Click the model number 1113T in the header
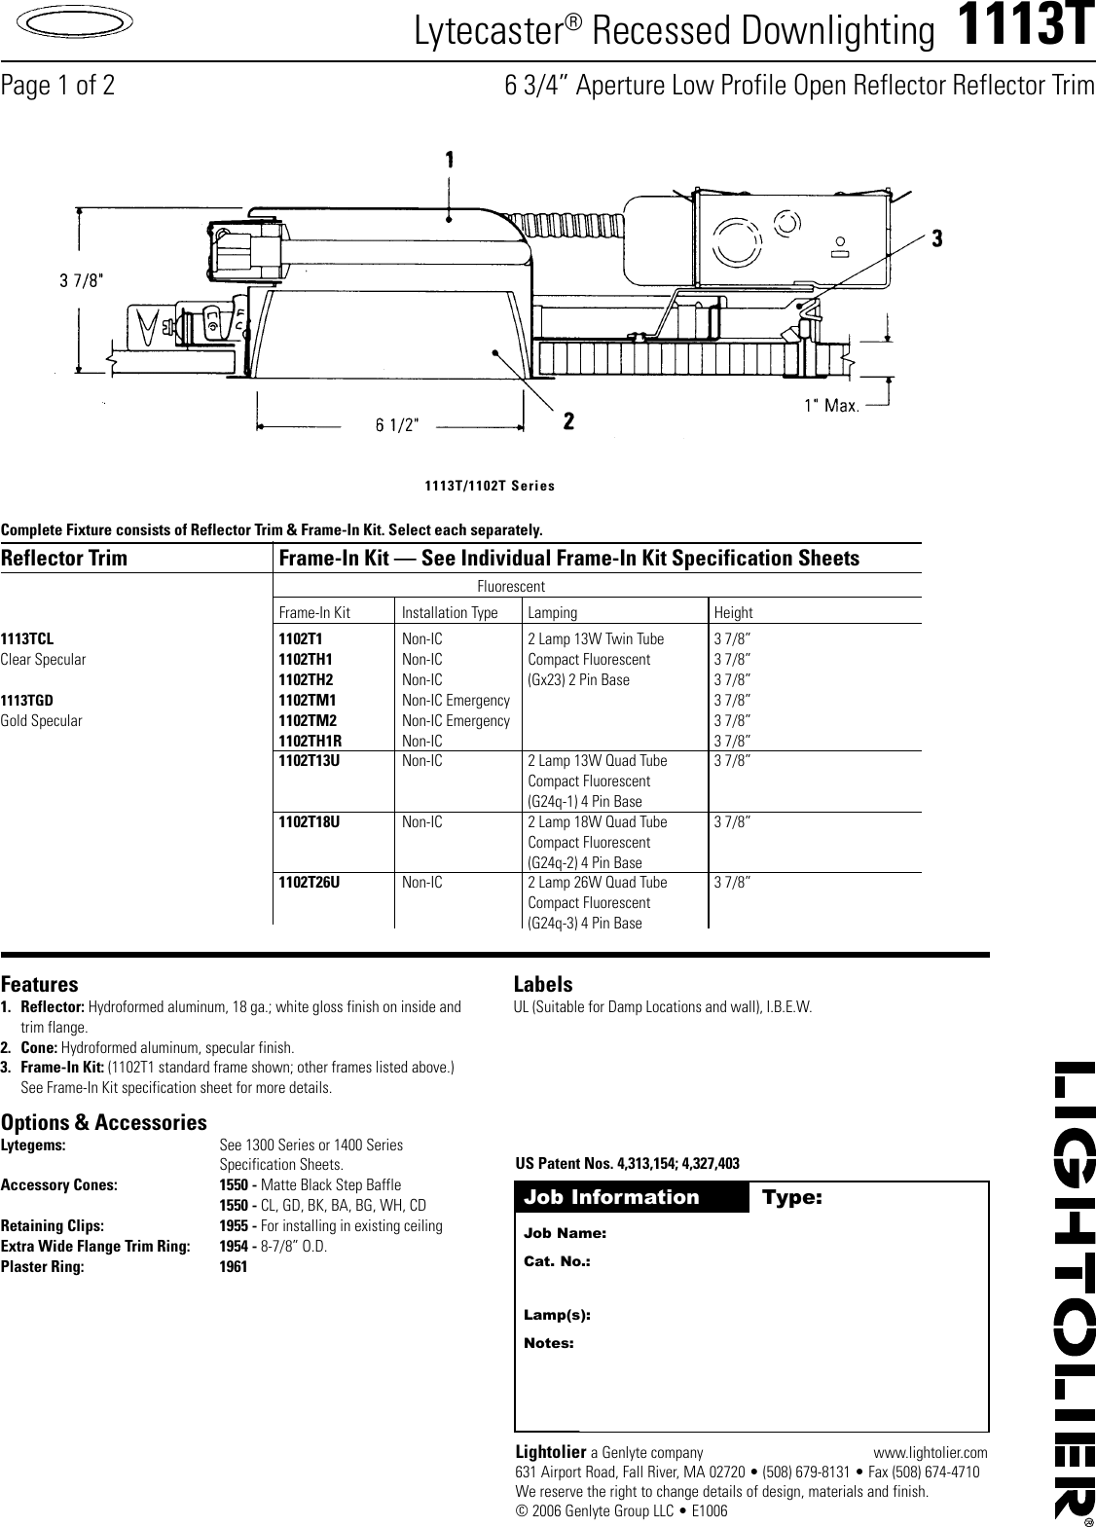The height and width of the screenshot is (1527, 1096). (1026, 29)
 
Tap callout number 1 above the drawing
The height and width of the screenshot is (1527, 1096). (450, 160)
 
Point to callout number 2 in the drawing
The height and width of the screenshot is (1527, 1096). (568, 421)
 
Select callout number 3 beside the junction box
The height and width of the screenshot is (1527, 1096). (937, 237)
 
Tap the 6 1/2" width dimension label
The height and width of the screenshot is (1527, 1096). (397, 425)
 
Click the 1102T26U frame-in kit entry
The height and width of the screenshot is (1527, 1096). (310, 883)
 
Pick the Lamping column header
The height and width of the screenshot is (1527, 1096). (552, 613)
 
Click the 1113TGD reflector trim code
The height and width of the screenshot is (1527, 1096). (27, 701)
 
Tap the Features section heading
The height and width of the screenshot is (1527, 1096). (40, 984)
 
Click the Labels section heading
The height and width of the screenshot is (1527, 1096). (543, 984)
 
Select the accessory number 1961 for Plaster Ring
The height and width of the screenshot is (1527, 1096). (234, 1267)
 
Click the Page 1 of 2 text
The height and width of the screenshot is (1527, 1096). (57, 86)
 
